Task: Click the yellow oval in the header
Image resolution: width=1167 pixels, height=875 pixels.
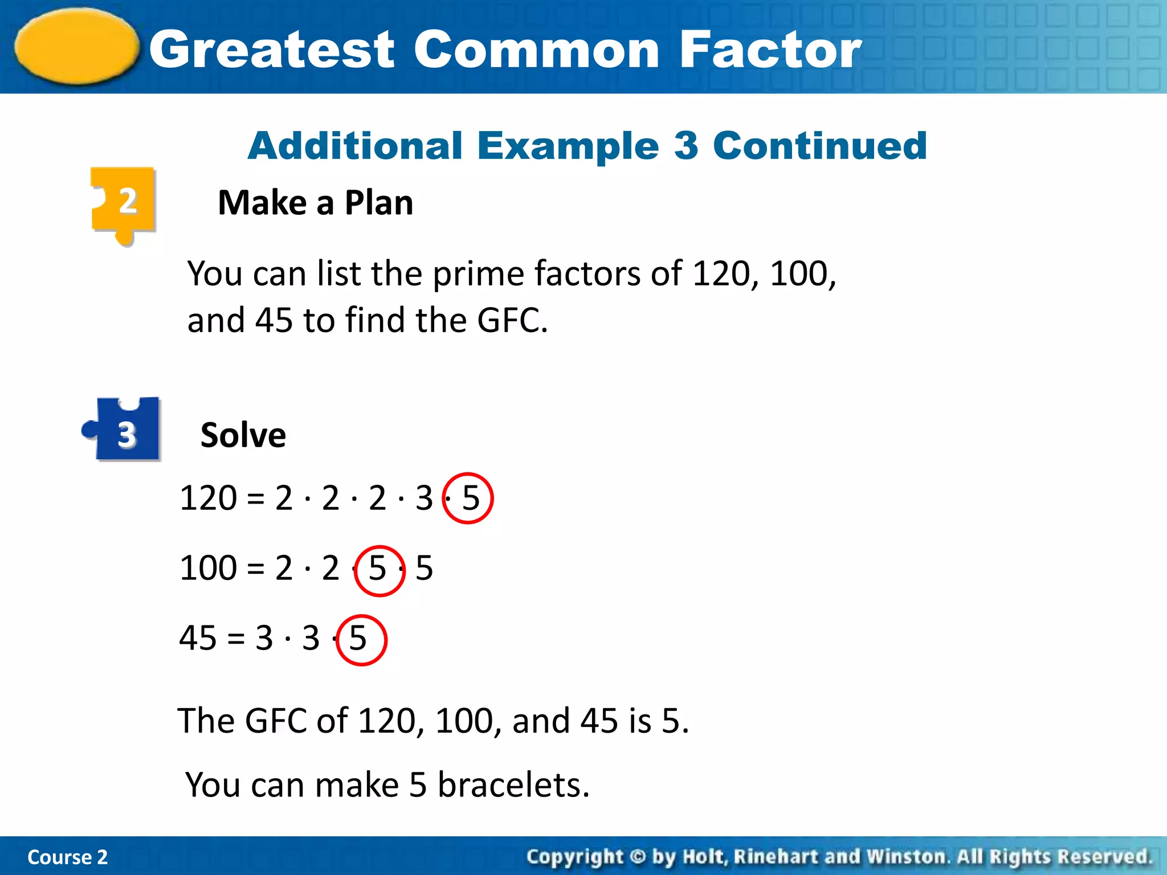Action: coord(76,47)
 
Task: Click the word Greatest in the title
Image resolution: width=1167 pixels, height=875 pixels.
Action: coord(272,50)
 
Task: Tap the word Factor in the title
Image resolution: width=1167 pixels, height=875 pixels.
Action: coord(770,50)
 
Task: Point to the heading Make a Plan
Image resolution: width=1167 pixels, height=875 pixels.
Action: coord(315,203)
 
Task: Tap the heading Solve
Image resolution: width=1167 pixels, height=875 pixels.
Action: coord(243,435)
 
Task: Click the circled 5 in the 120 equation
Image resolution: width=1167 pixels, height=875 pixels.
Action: coord(469,498)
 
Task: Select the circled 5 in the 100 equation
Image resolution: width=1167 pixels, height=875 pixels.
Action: coord(378,569)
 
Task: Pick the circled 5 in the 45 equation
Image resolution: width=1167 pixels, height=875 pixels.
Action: coord(359,639)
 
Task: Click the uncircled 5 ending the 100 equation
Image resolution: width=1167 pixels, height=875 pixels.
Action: coord(424,569)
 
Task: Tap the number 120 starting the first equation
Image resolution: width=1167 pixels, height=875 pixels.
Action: coord(208,498)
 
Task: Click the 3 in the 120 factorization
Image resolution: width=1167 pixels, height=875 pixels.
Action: coord(424,498)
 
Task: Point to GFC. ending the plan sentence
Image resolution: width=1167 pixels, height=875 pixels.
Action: coord(512,320)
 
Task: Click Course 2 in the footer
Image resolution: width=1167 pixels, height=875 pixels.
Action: coord(67,857)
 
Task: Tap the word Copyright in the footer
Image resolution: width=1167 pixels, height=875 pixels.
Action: coord(574,857)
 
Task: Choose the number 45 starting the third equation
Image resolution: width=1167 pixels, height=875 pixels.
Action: coord(197,639)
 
